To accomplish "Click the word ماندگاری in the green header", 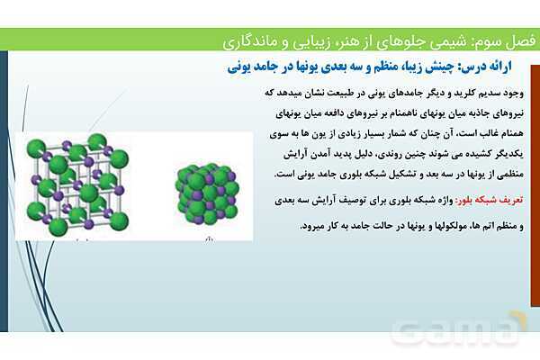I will pos(247,40).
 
